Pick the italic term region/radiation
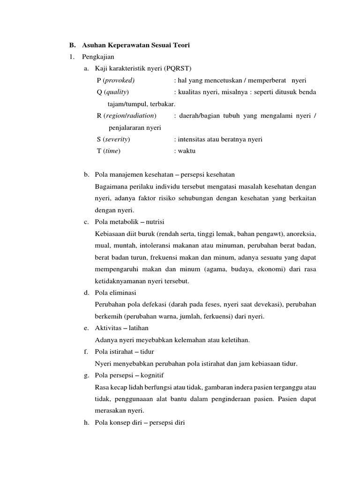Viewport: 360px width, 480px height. (130, 115)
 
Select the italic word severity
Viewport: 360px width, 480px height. (117, 139)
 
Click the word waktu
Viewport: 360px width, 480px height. (186, 151)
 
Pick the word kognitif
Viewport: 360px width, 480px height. (153, 375)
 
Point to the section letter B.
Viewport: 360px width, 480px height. (71, 45)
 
